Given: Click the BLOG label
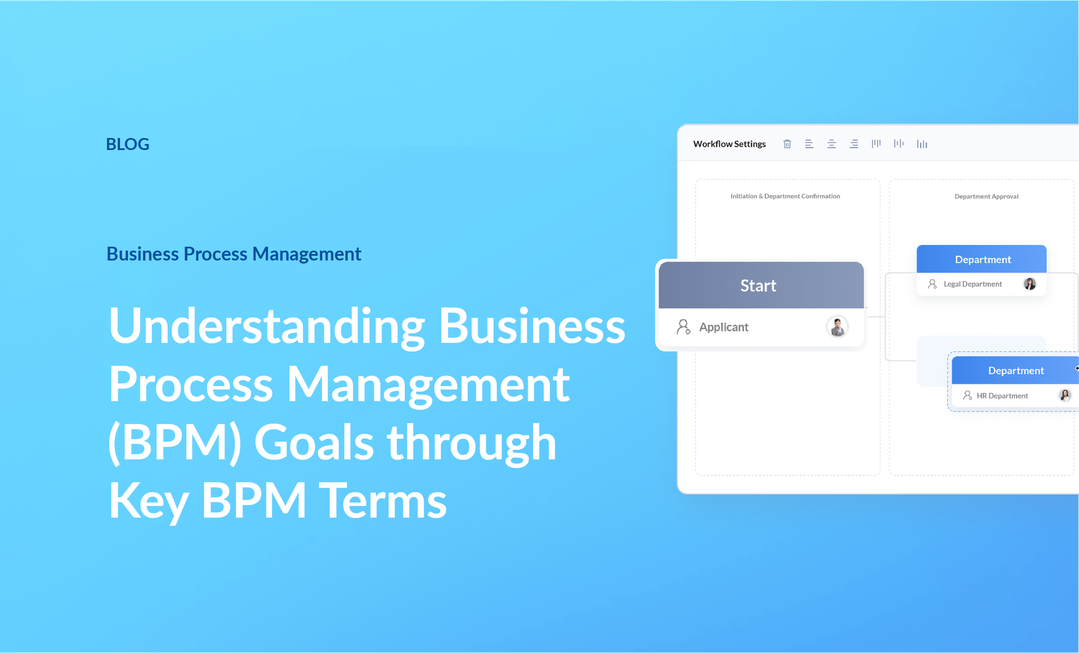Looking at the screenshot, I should [x=128, y=144].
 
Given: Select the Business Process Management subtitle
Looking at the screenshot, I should [x=234, y=254].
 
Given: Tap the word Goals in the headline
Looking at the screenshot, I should [x=314, y=443].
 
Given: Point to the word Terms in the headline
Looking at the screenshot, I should [x=383, y=500].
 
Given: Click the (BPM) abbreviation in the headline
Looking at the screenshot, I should [x=175, y=443].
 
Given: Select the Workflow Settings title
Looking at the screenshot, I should [x=729, y=144].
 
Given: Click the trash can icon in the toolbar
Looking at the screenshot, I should [x=787, y=144].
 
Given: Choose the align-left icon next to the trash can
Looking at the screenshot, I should [x=809, y=144].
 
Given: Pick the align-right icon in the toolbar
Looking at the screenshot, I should [x=854, y=144].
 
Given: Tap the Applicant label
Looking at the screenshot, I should [x=723, y=327].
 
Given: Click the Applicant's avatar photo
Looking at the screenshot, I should [x=837, y=327].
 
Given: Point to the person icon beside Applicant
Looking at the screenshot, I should [x=683, y=327].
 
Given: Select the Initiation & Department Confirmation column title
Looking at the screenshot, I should [x=785, y=196].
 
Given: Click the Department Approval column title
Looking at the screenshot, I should [x=986, y=196].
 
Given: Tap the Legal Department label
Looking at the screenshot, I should [x=972, y=284].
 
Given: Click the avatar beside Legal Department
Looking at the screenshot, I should [x=1030, y=284].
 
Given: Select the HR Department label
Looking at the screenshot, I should [x=1002, y=396].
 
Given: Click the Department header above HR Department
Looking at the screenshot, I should [x=1015, y=371].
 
